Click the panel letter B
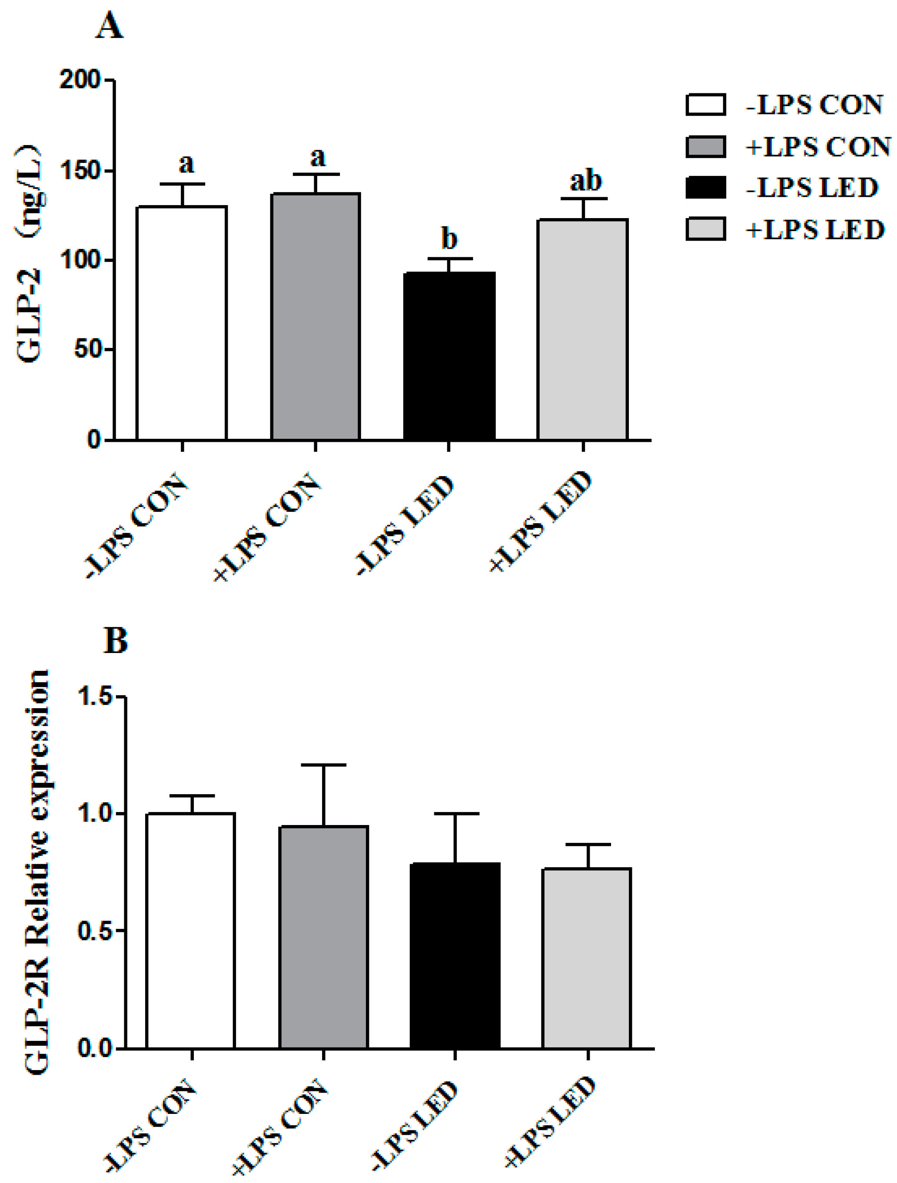tap(115, 640)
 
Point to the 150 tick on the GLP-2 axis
tap(80, 171)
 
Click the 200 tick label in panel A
tap(80, 80)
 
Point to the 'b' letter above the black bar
tap(449, 239)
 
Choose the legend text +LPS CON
tap(818, 146)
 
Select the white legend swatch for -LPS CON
tap(705, 105)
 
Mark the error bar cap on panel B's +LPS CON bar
tap(323, 765)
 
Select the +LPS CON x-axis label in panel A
tap(267, 527)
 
